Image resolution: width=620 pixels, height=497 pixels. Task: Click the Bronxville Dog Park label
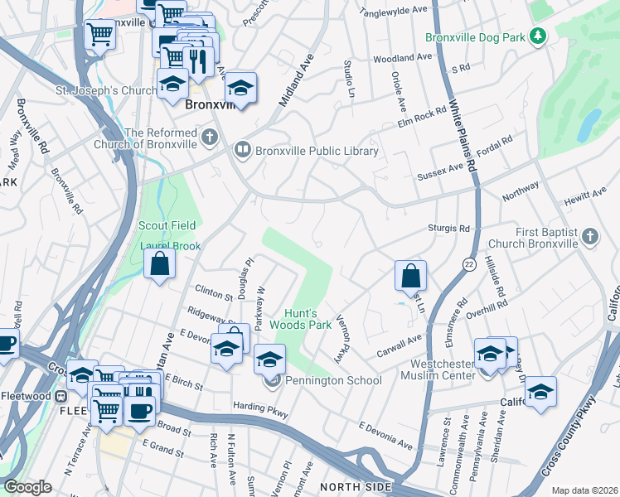pos(476,37)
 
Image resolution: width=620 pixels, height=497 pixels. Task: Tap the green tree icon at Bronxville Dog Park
pos(538,36)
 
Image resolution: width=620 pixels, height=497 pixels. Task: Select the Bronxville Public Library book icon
pos(242,150)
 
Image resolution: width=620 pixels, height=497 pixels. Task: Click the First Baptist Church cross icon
pos(589,236)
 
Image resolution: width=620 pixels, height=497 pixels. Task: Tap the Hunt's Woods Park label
pos(308,320)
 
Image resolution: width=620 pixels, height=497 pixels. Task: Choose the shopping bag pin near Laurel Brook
pos(160,264)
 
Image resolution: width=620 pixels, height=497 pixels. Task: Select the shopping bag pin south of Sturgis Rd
pos(411,275)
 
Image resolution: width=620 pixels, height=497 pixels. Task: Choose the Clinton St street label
pos(214,291)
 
